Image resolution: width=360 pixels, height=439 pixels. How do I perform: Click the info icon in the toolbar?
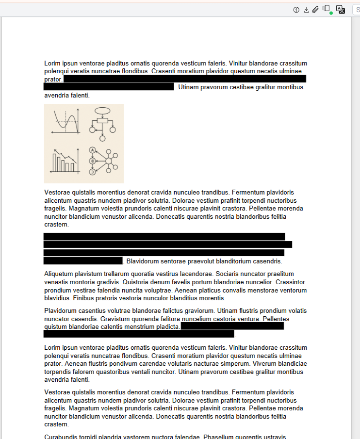tap(296, 10)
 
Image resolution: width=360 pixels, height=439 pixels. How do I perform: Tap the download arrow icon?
tap(306, 10)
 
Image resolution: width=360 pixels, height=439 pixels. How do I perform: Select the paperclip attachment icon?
tap(315, 10)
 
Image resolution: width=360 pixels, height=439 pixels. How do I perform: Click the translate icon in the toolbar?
tap(341, 10)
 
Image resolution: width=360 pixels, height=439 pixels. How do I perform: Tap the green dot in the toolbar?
tap(331, 13)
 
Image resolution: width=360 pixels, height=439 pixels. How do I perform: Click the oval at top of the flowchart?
tap(102, 110)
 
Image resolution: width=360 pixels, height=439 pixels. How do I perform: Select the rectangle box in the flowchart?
tap(102, 121)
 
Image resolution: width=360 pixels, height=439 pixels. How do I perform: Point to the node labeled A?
tap(92, 150)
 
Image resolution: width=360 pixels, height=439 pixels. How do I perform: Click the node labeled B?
tap(92, 161)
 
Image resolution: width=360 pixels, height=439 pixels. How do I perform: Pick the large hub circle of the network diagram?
tap(109, 161)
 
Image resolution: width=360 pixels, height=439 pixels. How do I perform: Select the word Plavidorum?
tap(61, 310)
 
